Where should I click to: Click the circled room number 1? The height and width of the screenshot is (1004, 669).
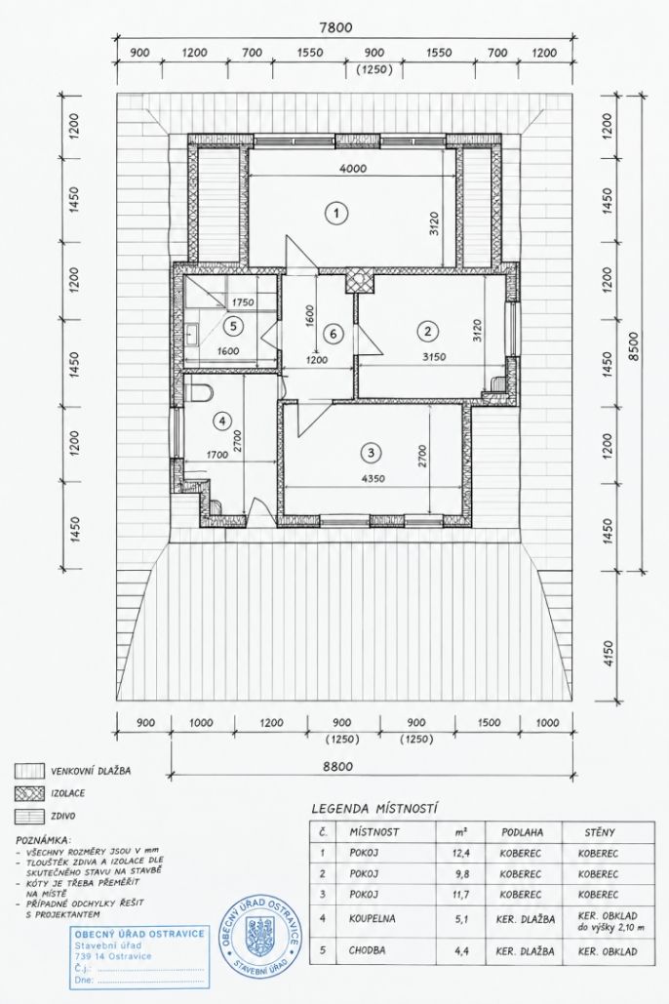pos(335,213)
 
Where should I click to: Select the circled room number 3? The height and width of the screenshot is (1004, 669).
pos(370,453)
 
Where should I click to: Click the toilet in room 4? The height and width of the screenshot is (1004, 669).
pos(199,392)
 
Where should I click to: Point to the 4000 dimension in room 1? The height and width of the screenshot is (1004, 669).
pos(353,169)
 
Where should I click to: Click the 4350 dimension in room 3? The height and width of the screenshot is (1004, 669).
pos(373,478)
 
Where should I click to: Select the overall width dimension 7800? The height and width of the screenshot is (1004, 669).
pos(336,27)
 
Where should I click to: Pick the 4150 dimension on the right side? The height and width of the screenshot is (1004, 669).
pos(609,654)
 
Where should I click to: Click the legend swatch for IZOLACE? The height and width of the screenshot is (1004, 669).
pos(30,793)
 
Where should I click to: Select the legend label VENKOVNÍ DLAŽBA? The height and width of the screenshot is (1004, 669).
pos(91,771)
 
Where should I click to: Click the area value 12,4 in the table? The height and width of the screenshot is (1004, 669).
pos(460,854)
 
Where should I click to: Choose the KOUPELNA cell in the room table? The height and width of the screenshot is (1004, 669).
pos(373,919)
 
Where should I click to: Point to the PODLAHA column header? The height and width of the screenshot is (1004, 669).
pos(523,832)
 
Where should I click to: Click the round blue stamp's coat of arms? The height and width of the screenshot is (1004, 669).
pos(260,931)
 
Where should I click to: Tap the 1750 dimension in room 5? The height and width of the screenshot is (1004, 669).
pos(244,302)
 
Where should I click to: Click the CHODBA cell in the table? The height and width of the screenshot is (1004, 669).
pos(368,951)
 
